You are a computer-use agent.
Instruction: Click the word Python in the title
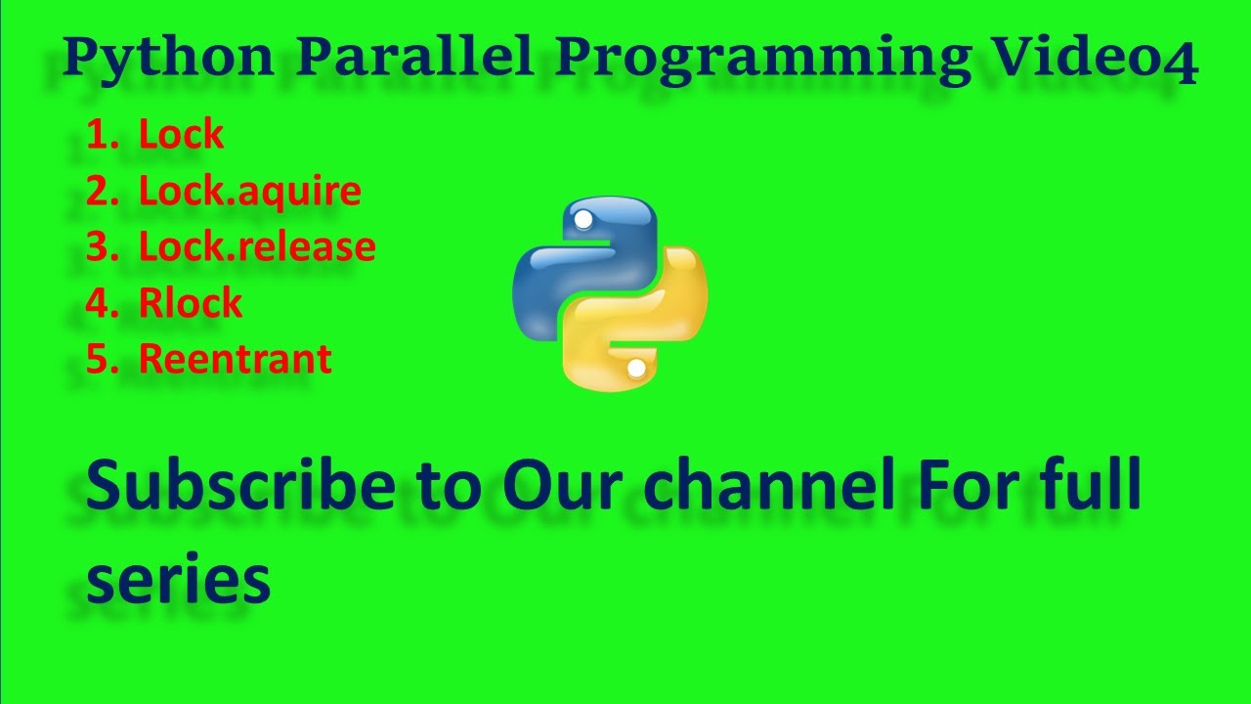click(x=168, y=59)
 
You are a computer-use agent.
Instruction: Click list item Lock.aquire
click(x=249, y=192)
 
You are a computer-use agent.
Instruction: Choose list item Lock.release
click(x=257, y=247)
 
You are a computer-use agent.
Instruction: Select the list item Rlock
click(x=190, y=303)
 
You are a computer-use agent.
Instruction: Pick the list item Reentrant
click(x=235, y=359)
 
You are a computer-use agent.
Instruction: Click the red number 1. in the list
click(x=102, y=135)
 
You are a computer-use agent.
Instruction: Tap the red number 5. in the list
click(x=102, y=359)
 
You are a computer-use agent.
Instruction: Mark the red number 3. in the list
click(x=102, y=247)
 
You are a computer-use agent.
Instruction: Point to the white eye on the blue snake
click(x=583, y=220)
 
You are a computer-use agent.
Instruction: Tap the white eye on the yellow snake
click(x=636, y=369)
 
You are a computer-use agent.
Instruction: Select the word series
click(x=178, y=579)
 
